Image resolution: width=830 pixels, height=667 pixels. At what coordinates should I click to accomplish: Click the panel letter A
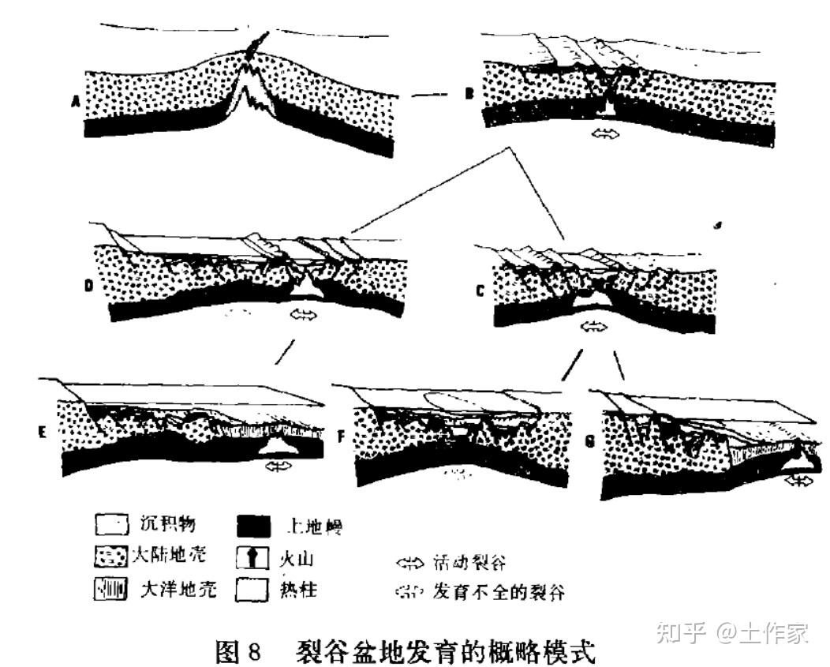[x=77, y=100]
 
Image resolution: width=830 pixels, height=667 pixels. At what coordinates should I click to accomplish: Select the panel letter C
[x=480, y=290]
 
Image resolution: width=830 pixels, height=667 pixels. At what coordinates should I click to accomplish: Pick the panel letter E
[x=43, y=431]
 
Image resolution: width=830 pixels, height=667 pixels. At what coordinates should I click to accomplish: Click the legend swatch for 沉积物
[x=110, y=524]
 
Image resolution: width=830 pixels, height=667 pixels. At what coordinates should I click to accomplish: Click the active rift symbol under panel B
[x=607, y=133]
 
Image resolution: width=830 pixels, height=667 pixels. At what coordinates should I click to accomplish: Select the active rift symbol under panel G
[x=798, y=479]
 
